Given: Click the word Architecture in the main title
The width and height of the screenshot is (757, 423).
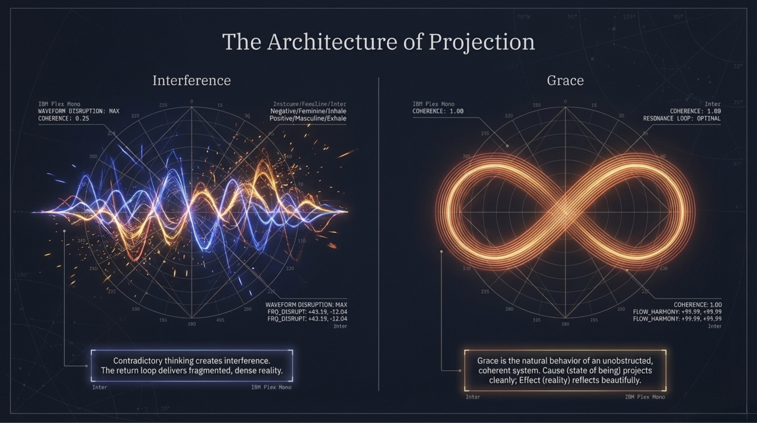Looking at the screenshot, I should coord(332,42).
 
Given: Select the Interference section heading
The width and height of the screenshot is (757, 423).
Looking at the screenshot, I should coord(192,80).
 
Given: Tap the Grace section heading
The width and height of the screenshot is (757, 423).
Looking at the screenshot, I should coord(565,80).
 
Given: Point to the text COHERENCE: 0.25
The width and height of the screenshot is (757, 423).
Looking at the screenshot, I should coord(64,119).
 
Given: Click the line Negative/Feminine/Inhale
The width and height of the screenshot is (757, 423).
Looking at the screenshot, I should coord(308,111).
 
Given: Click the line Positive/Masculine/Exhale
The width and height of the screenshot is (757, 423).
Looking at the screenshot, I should coord(308,119).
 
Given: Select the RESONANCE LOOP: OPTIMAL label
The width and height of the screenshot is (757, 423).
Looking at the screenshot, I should coord(682,119).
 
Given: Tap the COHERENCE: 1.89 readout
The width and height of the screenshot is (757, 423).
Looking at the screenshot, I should coord(695,111).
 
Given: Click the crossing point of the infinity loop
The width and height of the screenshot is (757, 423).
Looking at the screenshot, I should coord(565,211).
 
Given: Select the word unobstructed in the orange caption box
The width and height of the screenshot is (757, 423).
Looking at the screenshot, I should coord(627,361).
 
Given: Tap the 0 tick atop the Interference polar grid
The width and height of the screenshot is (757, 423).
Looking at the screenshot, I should coord(192,101).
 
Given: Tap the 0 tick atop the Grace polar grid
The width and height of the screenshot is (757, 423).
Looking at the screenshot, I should coord(565,101).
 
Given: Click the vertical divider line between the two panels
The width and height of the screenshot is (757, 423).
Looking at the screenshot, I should coord(378,235).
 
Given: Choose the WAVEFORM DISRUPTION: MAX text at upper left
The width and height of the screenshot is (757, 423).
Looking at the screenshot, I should coord(79,111).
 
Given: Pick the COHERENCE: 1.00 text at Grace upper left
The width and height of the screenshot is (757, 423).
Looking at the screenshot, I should coord(438,111).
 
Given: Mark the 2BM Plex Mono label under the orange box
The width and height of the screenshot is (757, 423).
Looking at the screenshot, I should coord(645,397).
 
